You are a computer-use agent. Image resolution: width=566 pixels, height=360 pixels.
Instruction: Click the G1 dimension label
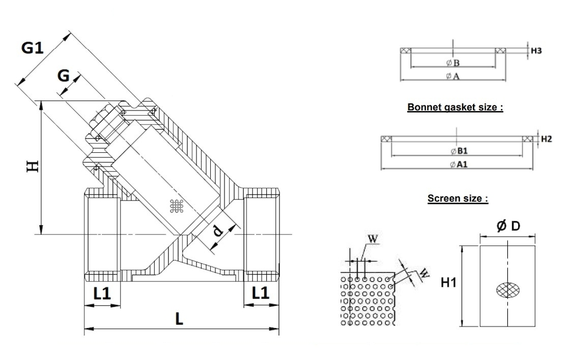pyautogui.click(x=32, y=48)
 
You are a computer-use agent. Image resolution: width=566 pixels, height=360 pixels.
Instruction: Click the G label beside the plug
pyautogui.click(x=63, y=76)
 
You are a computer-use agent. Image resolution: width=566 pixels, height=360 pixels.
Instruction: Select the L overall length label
pyautogui.click(x=178, y=319)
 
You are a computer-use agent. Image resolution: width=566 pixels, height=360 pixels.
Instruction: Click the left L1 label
pyautogui.click(x=102, y=293)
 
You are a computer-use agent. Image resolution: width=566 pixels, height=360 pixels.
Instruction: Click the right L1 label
pyautogui.click(x=261, y=293)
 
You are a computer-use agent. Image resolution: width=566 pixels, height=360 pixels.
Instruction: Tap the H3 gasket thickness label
pyautogui.click(x=536, y=51)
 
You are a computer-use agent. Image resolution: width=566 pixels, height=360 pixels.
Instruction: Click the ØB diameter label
pyautogui.click(x=452, y=63)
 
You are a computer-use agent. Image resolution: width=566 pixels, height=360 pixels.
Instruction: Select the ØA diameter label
pyautogui.click(x=452, y=76)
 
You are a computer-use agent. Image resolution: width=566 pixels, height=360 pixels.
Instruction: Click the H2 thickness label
pyautogui.click(x=546, y=139)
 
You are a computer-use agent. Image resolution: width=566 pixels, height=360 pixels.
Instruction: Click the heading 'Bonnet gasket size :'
pyautogui.click(x=455, y=107)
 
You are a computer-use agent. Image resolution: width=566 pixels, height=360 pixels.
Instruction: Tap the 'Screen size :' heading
pyautogui.click(x=458, y=199)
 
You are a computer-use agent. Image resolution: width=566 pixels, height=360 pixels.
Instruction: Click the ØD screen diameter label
pyautogui.click(x=507, y=226)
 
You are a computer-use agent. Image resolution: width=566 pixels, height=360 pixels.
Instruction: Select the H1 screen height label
pyautogui.click(x=449, y=282)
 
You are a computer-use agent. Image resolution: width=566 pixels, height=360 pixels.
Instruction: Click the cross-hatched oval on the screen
pyautogui.click(x=507, y=290)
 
